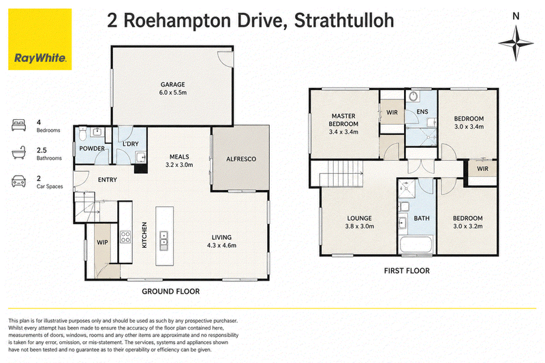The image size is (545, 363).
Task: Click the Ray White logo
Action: pyautogui.click(x=40, y=40)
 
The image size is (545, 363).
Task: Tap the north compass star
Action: pyautogui.click(x=516, y=43)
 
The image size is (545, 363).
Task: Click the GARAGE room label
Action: pyautogui.click(x=173, y=84)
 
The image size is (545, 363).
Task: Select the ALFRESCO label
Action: pyautogui.click(x=241, y=159)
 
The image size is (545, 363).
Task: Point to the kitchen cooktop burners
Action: pyautogui.click(x=125, y=237)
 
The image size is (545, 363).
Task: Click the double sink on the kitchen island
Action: pyautogui.click(x=163, y=240)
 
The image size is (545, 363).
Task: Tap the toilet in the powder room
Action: pyautogui.click(x=82, y=133)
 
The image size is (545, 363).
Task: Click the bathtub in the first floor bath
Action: pyautogui.click(x=416, y=244)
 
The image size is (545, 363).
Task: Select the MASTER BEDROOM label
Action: pyautogui.click(x=343, y=120)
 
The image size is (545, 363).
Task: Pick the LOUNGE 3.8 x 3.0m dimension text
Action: pyautogui.click(x=360, y=227)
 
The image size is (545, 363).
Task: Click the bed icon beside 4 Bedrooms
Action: pyautogui.click(x=19, y=125)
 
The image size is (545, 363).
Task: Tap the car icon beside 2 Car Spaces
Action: pyautogui.click(x=19, y=181)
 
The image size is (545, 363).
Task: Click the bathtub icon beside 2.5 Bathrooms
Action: pyautogui.click(x=19, y=153)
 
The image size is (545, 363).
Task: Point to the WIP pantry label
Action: pyautogui.click(x=102, y=242)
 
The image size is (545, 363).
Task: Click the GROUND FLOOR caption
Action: pyautogui.click(x=171, y=291)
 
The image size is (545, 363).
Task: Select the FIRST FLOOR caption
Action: pyautogui.click(x=407, y=271)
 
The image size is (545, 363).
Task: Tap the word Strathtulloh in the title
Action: pyautogui.click(x=344, y=20)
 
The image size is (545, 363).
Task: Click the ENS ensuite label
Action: pyautogui.click(x=422, y=112)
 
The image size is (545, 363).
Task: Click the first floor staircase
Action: pyautogui.click(x=341, y=174)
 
